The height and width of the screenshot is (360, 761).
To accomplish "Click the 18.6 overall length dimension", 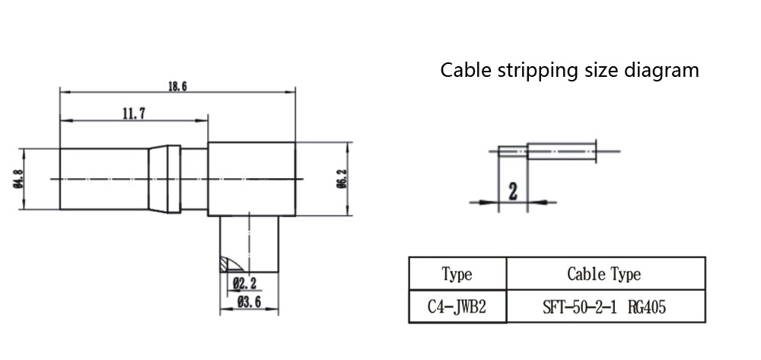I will coord(177,87).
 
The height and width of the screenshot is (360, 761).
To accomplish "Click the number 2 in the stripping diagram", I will coord(512,191).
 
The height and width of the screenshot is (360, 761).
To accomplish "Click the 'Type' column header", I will coord(457,274).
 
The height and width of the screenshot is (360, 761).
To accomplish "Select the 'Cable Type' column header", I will coord(604,274).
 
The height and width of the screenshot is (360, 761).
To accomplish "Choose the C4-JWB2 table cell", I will coord(457,307).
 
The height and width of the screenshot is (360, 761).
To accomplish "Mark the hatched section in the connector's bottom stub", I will coord(229,264).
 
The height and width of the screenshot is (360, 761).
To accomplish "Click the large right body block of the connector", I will coord(251,179).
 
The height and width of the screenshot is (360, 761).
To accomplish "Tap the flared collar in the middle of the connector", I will coord(164,179).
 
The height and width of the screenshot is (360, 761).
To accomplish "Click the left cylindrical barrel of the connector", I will coord(103,179).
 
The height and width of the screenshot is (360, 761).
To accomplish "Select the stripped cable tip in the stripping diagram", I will coord(512,151).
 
